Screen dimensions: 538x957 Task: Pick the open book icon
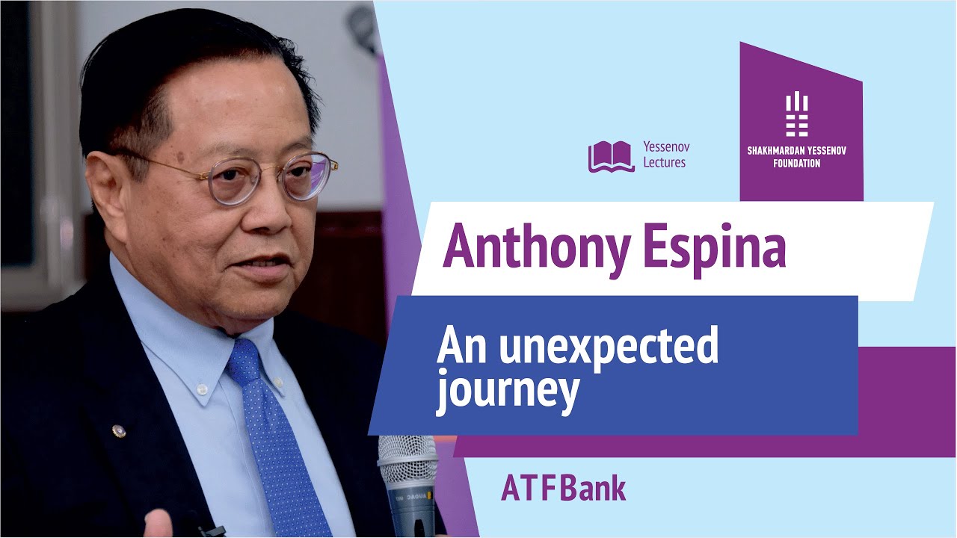[x=611, y=156]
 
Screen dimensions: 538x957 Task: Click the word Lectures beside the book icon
[x=664, y=163]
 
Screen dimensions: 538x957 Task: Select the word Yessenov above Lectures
[x=665, y=147]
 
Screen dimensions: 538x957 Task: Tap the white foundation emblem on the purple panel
[x=797, y=114]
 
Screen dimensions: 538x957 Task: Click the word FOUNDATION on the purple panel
[x=797, y=163]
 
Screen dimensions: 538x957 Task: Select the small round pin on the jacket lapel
[x=118, y=431]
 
